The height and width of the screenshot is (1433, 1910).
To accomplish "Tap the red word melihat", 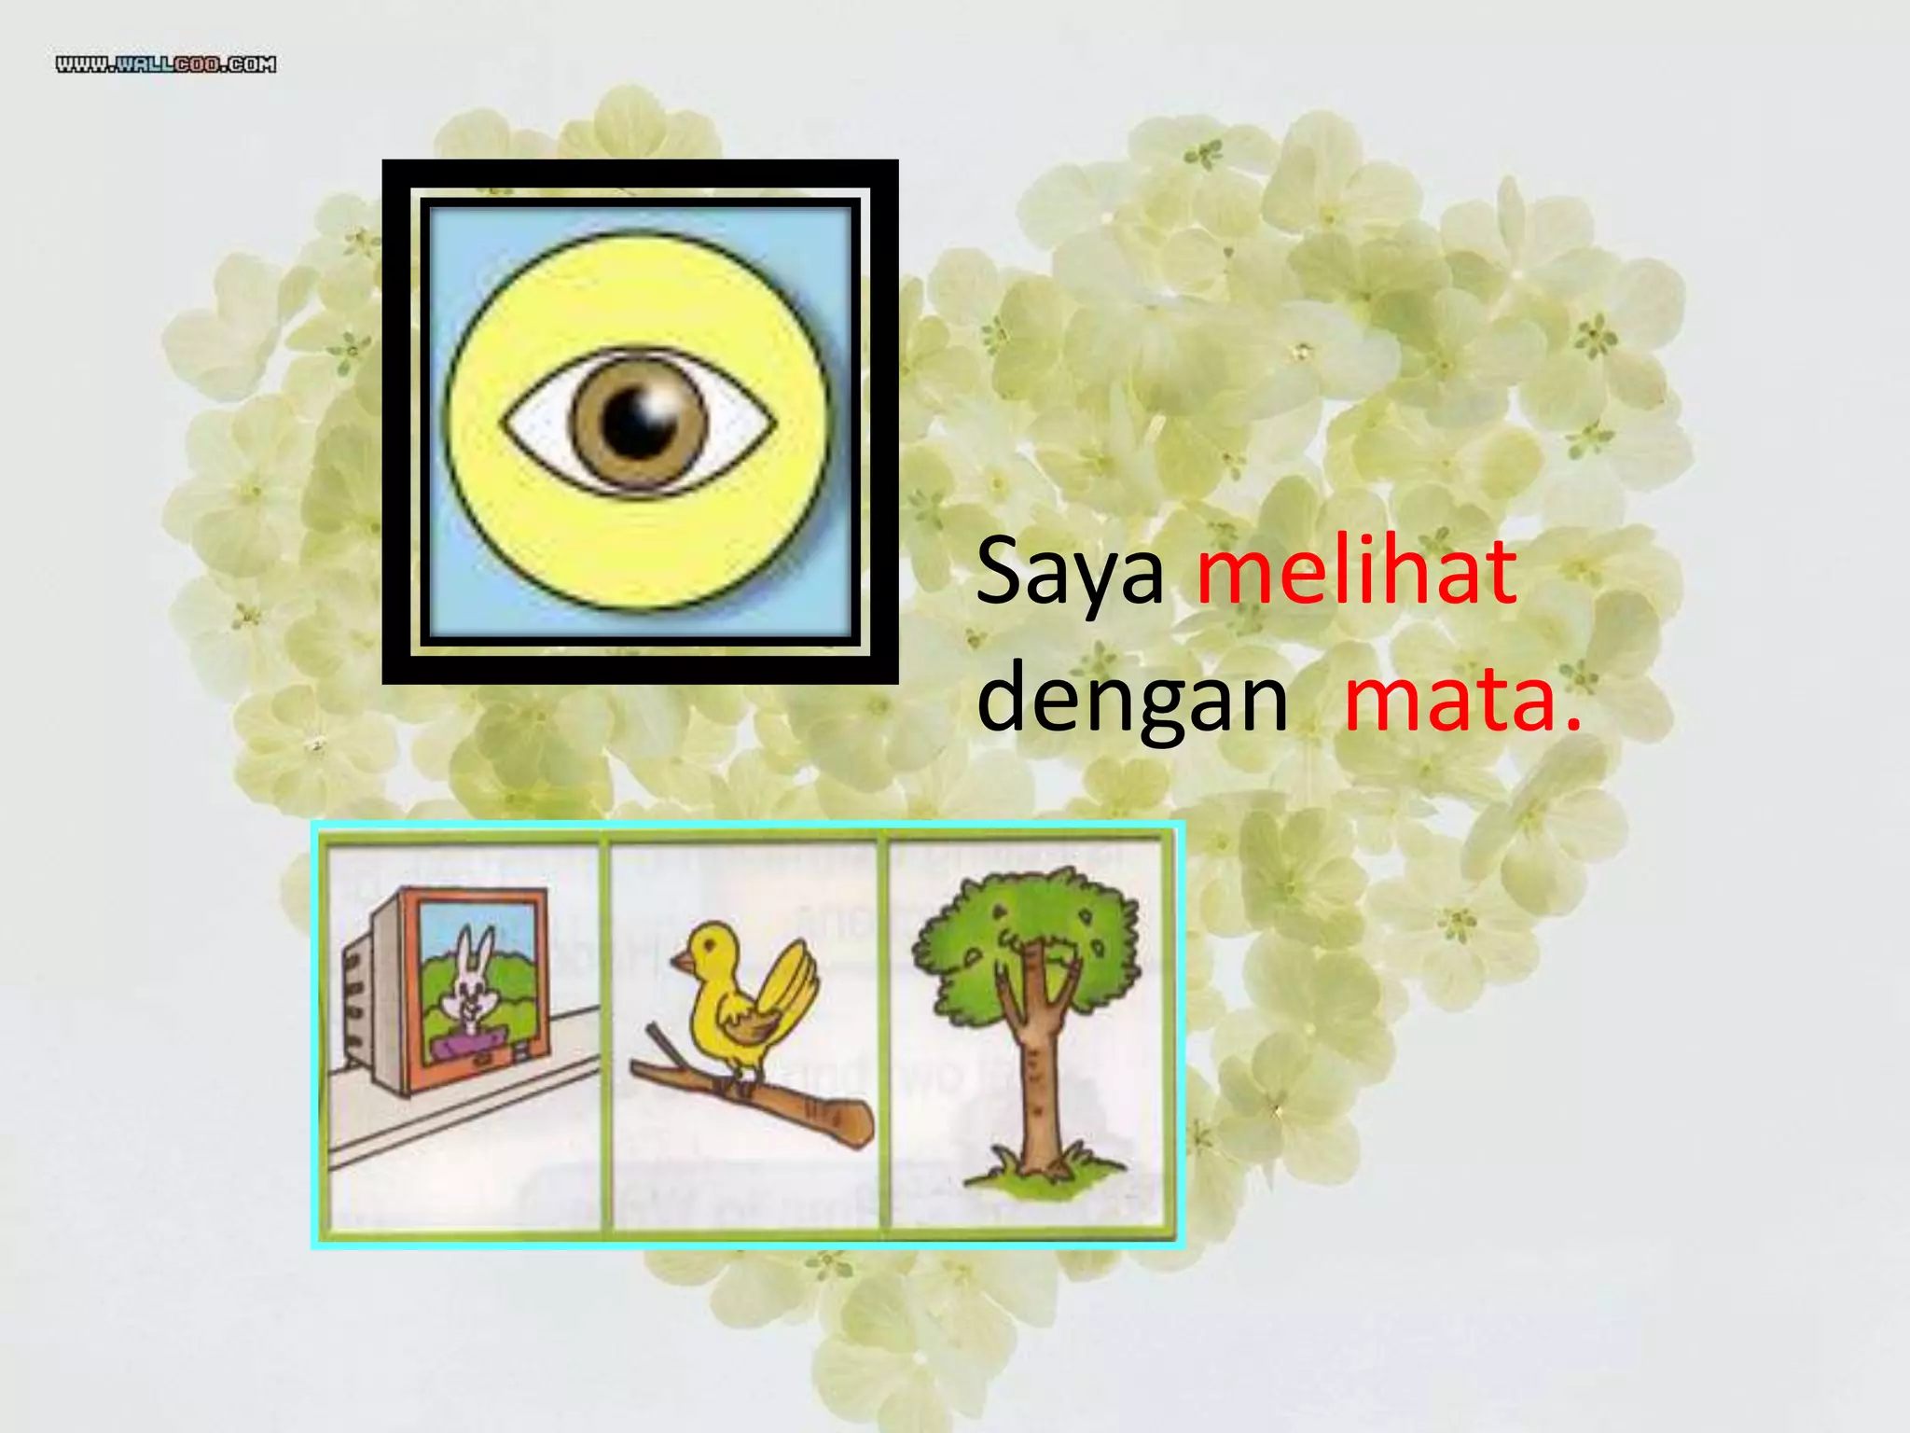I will click(1357, 571).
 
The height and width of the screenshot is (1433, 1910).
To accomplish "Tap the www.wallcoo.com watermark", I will click(166, 64).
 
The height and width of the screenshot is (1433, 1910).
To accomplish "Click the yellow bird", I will click(737, 1008).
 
